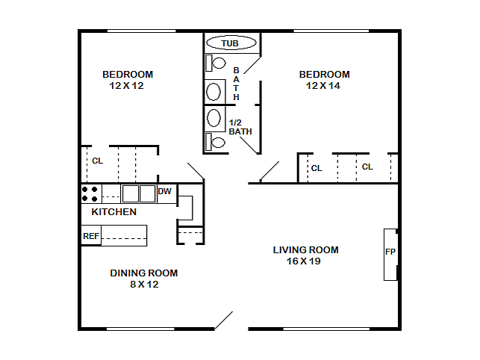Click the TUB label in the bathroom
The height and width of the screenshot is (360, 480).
[x=230, y=43]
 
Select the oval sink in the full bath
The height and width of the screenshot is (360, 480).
[x=214, y=92]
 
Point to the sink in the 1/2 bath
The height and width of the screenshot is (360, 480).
[x=214, y=118]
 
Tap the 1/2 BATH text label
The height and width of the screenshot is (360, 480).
[x=240, y=127]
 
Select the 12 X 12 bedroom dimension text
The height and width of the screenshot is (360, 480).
[x=125, y=86]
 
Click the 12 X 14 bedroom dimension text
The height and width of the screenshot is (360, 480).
[x=322, y=86]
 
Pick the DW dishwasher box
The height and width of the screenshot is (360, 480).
[x=165, y=192]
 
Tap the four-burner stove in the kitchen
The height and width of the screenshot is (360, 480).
[x=90, y=194]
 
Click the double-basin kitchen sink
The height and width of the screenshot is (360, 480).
[x=138, y=194]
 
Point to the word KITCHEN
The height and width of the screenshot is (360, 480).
[x=113, y=212]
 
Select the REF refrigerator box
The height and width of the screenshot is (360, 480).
[x=91, y=236]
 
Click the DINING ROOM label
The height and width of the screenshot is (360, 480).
[x=144, y=273]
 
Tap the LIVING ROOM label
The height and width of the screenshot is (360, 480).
[x=305, y=250]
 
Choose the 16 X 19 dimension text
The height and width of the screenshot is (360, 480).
[x=303, y=261]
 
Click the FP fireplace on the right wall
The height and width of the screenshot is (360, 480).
[x=390, y=252]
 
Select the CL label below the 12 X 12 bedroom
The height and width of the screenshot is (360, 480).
[x=97, y=161]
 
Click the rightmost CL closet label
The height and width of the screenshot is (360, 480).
[x=367, y=167]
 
